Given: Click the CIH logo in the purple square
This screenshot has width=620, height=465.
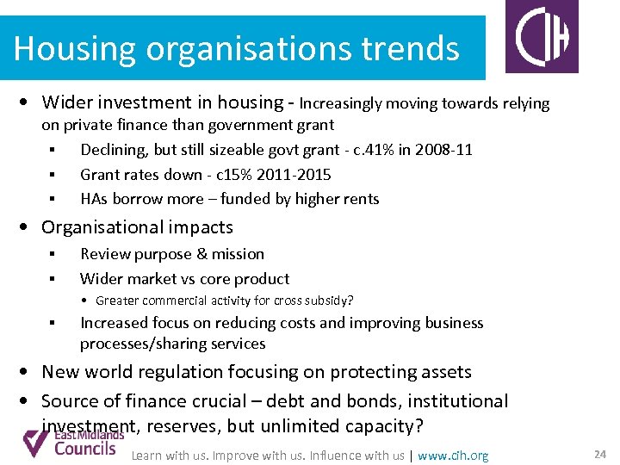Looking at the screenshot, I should point(542,37).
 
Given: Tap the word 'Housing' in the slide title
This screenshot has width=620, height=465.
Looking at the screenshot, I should point(76,48).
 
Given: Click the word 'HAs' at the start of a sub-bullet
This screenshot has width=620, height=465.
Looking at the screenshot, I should point(94,198).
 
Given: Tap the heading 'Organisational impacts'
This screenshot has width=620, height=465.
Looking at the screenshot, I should point(137,227).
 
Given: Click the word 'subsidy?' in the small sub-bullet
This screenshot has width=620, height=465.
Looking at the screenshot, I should point(329,301).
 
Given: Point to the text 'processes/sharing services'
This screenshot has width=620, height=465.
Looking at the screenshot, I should point(172,344).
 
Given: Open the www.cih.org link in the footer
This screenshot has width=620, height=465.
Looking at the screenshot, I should point(453,456).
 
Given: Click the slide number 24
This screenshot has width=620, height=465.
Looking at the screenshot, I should point(599,454).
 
